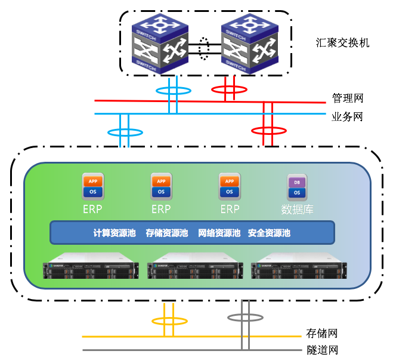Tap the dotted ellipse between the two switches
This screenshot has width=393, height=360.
tap(205, 48)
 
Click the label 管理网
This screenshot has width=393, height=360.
tap(347, 99)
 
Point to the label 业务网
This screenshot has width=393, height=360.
tap(347, 116)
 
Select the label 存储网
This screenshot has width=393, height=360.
tap(322, 333)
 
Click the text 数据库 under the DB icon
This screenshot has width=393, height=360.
tap(297, 210)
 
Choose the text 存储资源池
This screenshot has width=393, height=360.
tap(166, 233)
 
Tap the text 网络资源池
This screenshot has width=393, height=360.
tap(219, 233)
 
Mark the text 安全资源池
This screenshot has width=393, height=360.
tap(269, 233)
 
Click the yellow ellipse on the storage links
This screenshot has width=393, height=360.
tap(169, 321)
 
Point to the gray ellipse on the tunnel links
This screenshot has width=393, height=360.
tap(245, 316)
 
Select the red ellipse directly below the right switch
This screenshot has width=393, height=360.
tap(230, 90)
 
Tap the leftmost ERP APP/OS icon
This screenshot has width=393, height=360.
tap(92, 186)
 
